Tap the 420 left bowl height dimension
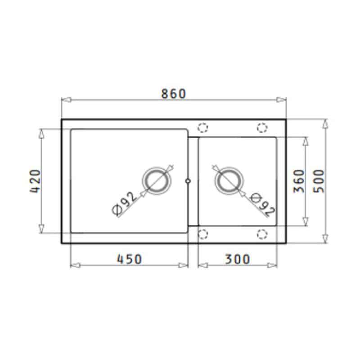coord(35,181)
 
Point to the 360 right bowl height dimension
coord(299,181)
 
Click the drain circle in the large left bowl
coord(157,181)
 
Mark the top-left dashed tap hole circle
coord(203,128)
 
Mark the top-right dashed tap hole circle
coord(262,128)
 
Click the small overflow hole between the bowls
coord(188,181)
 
